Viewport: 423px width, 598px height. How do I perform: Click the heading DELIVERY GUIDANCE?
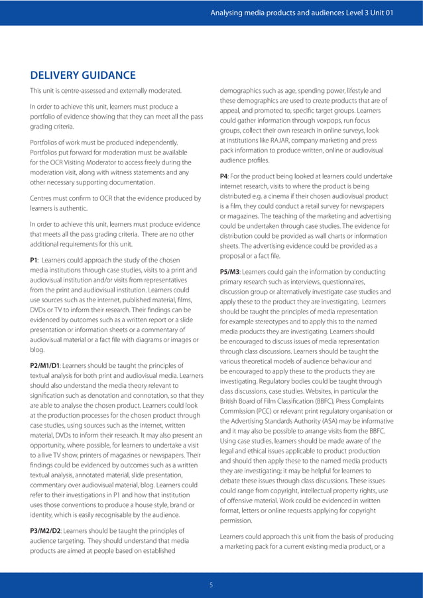click(83, 75)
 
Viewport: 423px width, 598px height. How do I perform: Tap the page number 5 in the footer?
click(211, 584)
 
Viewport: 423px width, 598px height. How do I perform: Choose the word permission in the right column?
click(237, 520)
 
